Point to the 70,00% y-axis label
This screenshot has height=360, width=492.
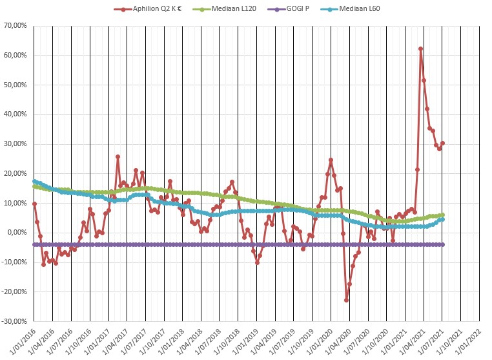(x=14, y=26)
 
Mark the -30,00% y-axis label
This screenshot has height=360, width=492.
(x=13, y=321)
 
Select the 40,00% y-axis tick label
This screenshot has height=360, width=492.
(x=14, y=114)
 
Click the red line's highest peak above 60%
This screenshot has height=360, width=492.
(x=421, y=48)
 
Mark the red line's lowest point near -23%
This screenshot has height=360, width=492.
(x=347, y=300)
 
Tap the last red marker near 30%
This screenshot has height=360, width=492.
(x=443, y=143)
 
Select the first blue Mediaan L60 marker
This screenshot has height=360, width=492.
(x=34, y=182)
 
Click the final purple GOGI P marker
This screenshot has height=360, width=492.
(x=443, y=244)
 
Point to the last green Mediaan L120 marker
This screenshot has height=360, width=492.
(x=443, y=215)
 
